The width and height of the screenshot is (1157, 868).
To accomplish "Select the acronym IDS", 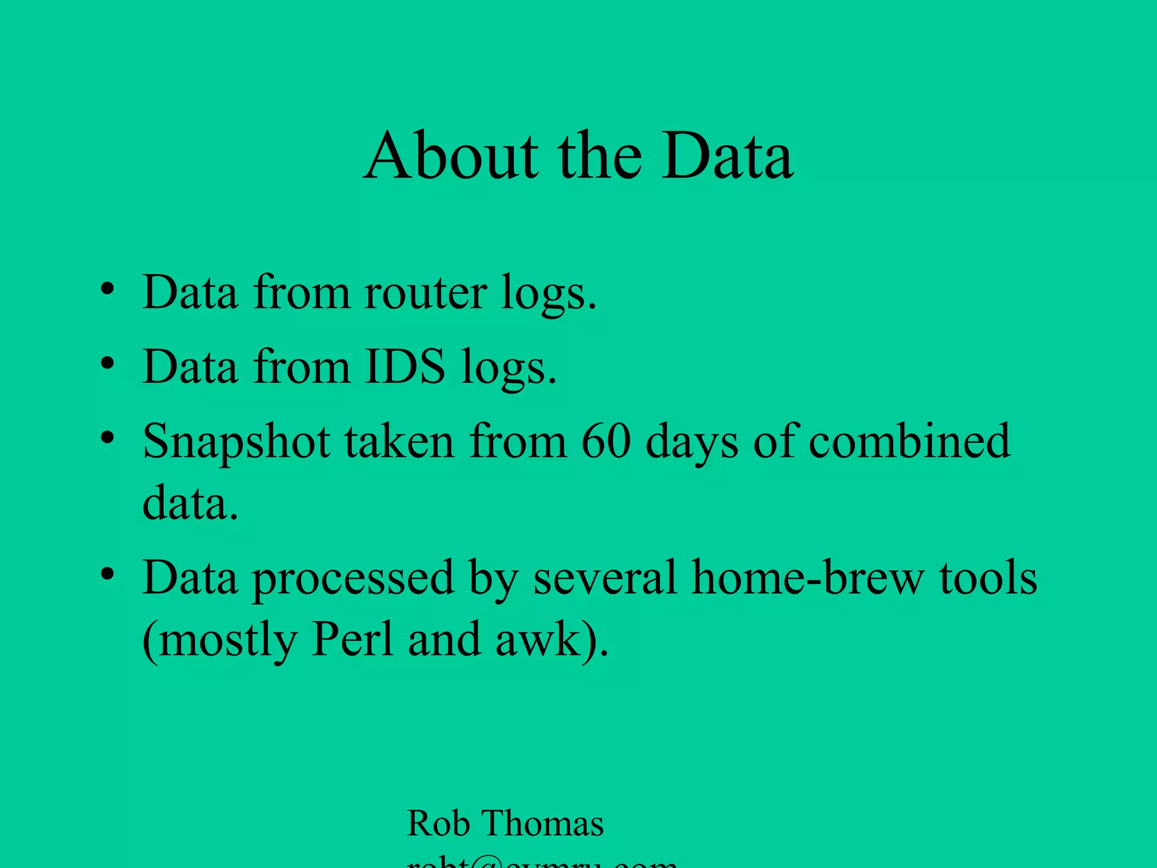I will tap(405, 367).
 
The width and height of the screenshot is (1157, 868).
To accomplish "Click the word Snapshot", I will tap(237, 442).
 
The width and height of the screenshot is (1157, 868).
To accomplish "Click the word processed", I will tap(353, 579).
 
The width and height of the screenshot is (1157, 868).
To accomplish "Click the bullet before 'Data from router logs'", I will tap(107, 290).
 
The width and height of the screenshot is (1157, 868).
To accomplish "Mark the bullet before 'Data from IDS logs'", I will tap(107, 364).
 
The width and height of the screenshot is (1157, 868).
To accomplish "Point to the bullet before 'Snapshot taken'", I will tap(107, 438).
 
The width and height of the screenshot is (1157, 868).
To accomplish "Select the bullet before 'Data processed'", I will tap(107, 575).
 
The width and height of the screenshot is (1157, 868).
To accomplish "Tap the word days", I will tap(691, 442).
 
